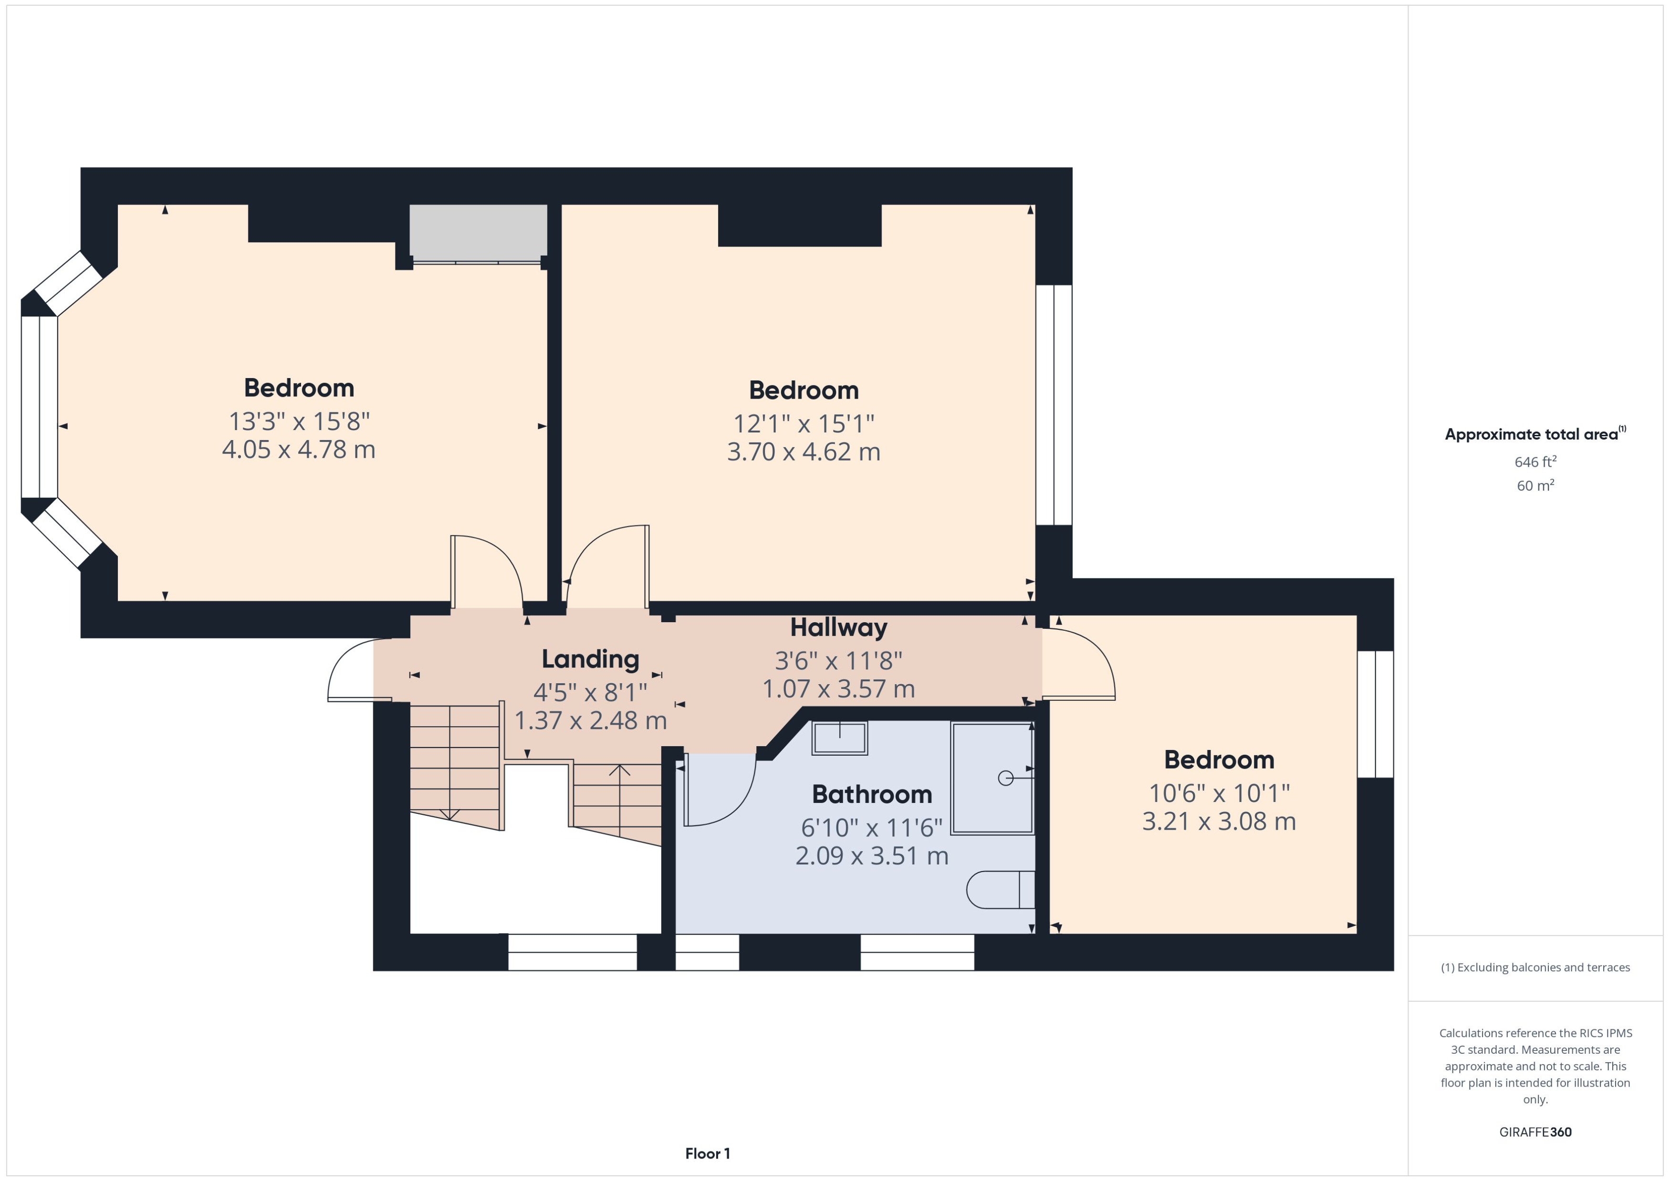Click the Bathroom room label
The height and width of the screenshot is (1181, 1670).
coord(872,794)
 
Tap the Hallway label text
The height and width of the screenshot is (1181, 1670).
coord(838,627)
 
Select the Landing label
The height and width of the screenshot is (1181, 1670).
coord(590,659)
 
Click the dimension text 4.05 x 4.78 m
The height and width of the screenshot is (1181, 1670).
coord(298,450)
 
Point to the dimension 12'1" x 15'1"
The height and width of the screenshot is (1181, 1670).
coord(804,423)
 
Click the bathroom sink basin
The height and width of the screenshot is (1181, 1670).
coord(840,738)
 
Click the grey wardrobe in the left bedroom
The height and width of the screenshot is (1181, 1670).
coord(478,231)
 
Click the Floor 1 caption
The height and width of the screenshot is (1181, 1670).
coord(707,1153)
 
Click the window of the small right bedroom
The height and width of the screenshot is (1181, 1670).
coord(1375,714)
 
